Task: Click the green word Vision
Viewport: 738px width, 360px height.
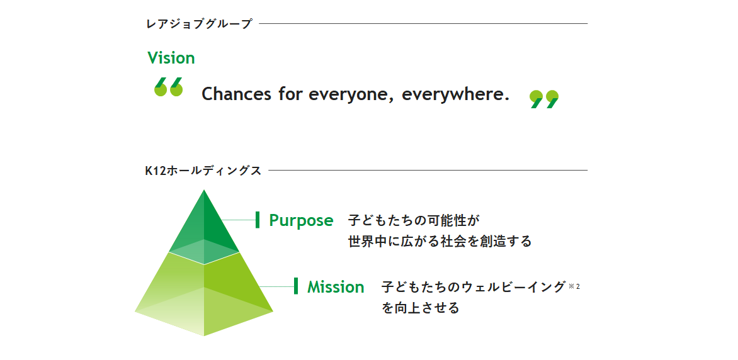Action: point(171,58)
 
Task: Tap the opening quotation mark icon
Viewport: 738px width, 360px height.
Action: point(169,87)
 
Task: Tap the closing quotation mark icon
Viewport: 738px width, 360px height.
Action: point(544,99)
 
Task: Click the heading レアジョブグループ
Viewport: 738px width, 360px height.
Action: point(200,24)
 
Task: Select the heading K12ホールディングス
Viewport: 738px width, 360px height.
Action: point(203,171)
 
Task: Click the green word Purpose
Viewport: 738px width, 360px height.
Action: point(301,220)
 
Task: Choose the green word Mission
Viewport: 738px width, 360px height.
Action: point(336,286)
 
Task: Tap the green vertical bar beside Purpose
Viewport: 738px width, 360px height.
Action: point(258,220)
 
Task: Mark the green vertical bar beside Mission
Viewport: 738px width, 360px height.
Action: point(296,286)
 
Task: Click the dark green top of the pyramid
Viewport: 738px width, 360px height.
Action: point(204,221)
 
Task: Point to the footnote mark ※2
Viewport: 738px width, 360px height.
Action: point(574,285)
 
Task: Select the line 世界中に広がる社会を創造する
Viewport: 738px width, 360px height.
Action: point(440,242)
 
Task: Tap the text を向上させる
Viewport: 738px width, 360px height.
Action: point(420,308)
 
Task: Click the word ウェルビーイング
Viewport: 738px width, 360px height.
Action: point(513,286)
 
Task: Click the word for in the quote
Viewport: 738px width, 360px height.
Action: point(290,94)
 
